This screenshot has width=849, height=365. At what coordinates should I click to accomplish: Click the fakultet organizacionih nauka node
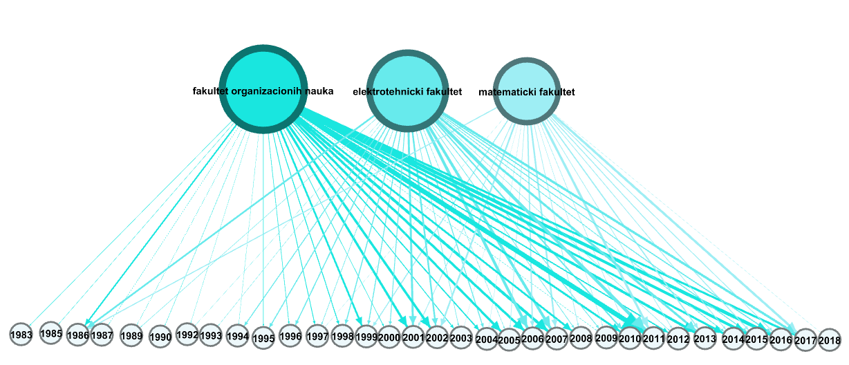tap(263, 90)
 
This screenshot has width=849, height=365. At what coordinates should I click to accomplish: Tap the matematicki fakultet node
tap(527, 91)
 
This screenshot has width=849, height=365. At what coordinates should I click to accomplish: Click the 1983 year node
tap(21, 335)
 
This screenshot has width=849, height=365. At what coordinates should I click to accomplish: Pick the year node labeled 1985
tap(51, 333)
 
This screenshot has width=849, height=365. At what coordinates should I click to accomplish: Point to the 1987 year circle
tap(102, 335)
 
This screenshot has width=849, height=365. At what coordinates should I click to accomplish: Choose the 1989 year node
tap(131, 336)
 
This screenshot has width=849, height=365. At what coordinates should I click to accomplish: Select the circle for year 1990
tap(160, 337)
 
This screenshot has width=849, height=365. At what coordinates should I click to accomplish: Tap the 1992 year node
tap(187, 334)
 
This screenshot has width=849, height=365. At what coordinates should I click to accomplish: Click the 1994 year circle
tap(237, 335)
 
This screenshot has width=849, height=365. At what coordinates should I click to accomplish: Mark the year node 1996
tap(290, 336)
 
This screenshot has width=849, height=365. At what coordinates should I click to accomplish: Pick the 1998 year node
tap(343, 335)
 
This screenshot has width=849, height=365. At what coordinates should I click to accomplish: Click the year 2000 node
tap(389, 337)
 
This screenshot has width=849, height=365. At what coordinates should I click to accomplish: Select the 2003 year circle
tap(461, 337)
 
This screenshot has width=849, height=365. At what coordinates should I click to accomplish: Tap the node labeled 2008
tap(581, 338)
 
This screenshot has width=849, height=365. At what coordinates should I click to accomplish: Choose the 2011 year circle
tap(653, 339)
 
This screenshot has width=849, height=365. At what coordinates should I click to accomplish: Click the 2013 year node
tap(705, 339)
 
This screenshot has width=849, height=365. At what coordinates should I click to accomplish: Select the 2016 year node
tap(781, 339)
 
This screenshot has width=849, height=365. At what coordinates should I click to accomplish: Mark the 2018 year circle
tap(830, 339)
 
